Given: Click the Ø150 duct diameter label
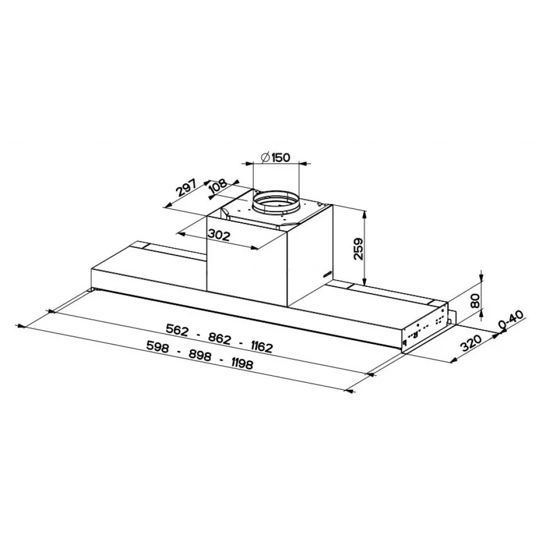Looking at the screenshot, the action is click(x=275, y=158).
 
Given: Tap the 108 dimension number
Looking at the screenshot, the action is click(x=219, y=187).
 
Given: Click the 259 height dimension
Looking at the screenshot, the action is click(x=358, y=248).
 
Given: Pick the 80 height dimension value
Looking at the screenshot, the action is click(x=475, y=301).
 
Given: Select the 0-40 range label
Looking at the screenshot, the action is click(x=511, y=320).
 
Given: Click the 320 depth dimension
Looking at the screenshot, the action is click(x=471, y=343).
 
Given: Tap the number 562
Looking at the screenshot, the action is click(x=177, y=330).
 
